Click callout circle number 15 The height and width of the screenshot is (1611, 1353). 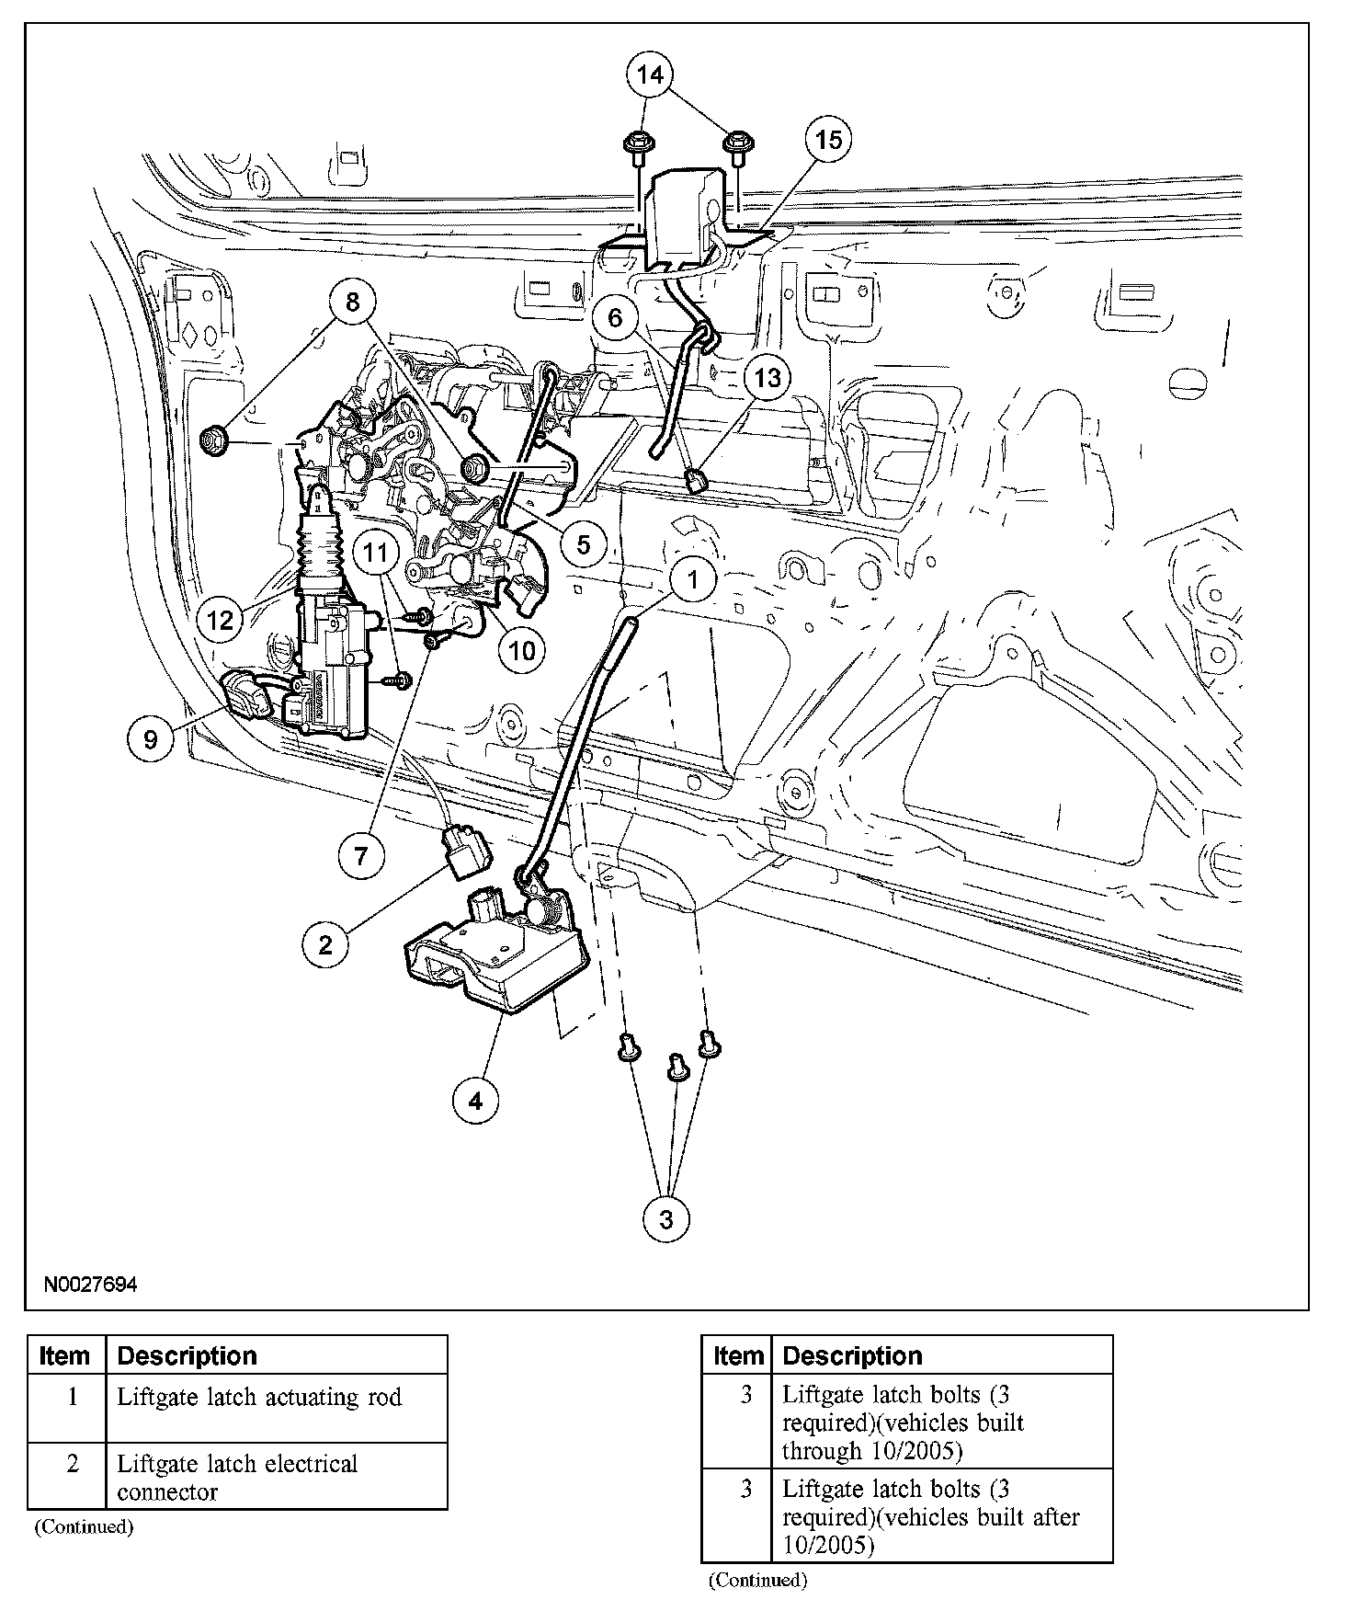[x=828, y=140]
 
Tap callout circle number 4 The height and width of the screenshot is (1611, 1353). [x=476, y=1100]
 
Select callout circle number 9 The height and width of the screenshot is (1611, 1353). [x=150, y=738]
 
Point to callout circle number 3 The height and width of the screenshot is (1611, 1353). [x=666, y=1219]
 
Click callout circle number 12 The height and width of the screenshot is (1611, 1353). [x=221, y=619]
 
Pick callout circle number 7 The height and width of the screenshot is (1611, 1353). [x=360, y=856]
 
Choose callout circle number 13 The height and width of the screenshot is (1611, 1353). [x=767, y=377]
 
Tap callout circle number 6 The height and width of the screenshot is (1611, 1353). [x=615, y=318]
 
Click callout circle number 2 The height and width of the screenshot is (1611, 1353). [x=325, y=944]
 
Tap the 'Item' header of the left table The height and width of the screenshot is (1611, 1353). [x=65, y=1356]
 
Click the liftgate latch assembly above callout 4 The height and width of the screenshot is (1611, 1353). [x=493, y=955]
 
